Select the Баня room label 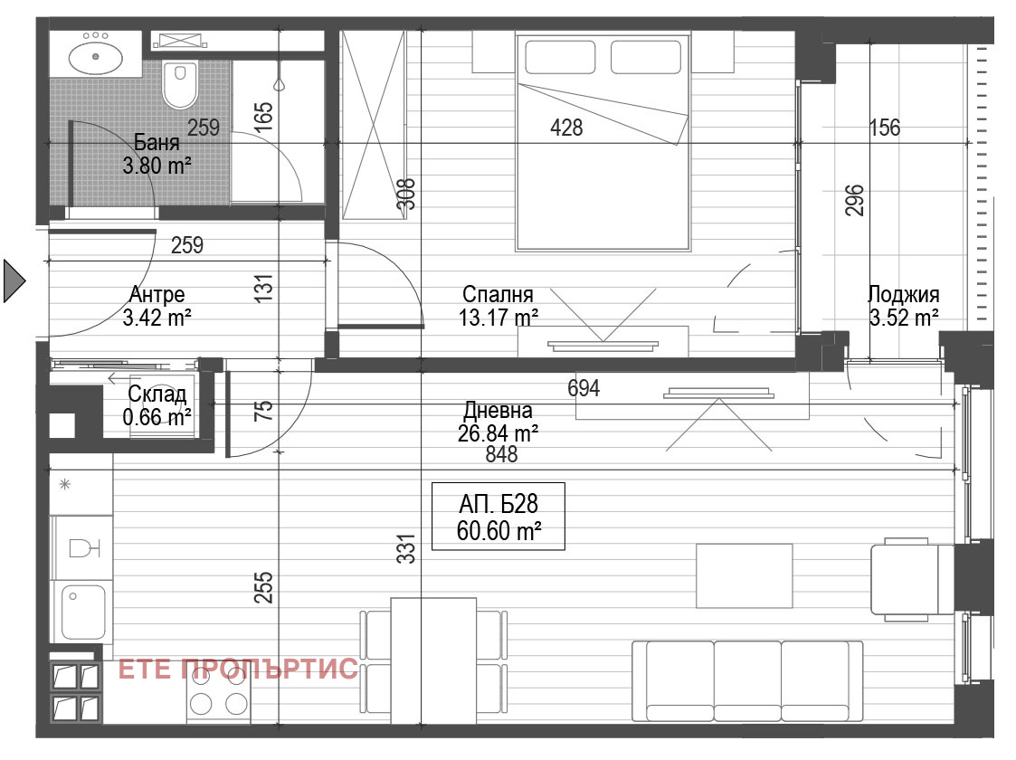(x=157, y=143)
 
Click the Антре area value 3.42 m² (x=157, y=317)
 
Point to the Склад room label (x=157, y=394)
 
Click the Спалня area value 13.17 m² (x=499, y=317)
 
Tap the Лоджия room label (x=902, y=294)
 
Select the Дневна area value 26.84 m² (x=499, y=432)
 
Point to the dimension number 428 (x=566, y=128)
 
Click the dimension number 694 (x=584, y=388)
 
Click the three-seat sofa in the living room (x=746, y=680)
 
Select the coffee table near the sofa (x=744, y=575)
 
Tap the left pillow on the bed (x=555, y=57)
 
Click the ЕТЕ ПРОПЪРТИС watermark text (x=239, y=670)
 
